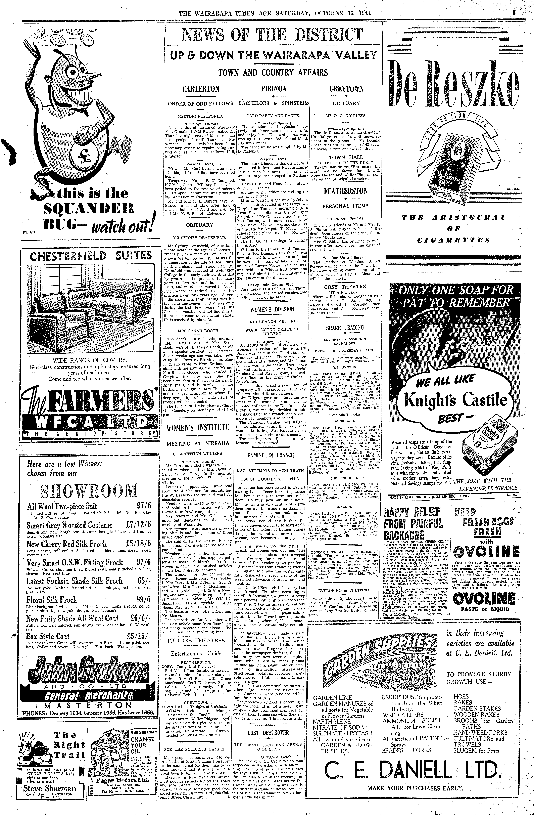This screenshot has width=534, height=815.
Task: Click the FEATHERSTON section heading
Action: (346, 191)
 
